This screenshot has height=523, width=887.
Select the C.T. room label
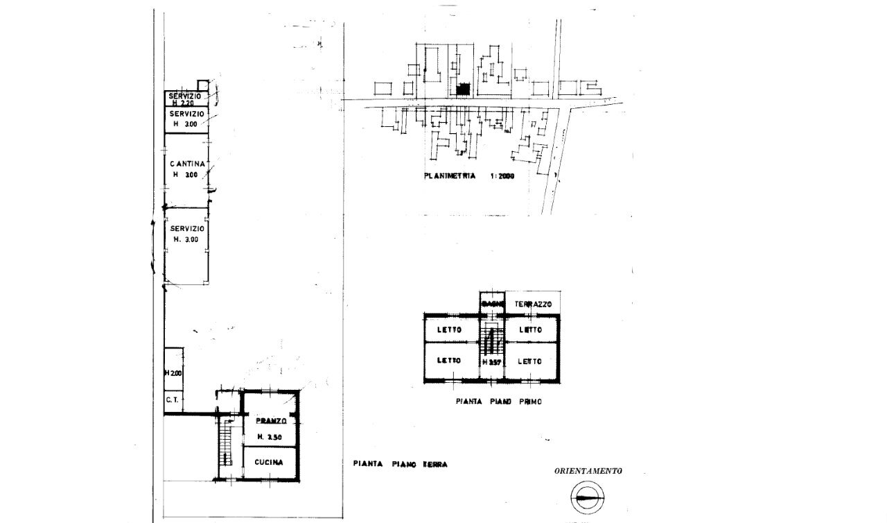173,400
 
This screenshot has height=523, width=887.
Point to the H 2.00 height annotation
173,373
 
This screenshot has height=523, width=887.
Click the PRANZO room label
270,421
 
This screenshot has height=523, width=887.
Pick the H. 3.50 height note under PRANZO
270,436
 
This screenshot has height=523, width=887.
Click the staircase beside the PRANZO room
225,445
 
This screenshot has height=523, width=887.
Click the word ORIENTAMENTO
588,471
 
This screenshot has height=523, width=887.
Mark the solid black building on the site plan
463,89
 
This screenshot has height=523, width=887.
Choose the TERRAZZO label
532,305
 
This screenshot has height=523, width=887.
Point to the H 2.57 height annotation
491,361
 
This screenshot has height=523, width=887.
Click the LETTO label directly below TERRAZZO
530,330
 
